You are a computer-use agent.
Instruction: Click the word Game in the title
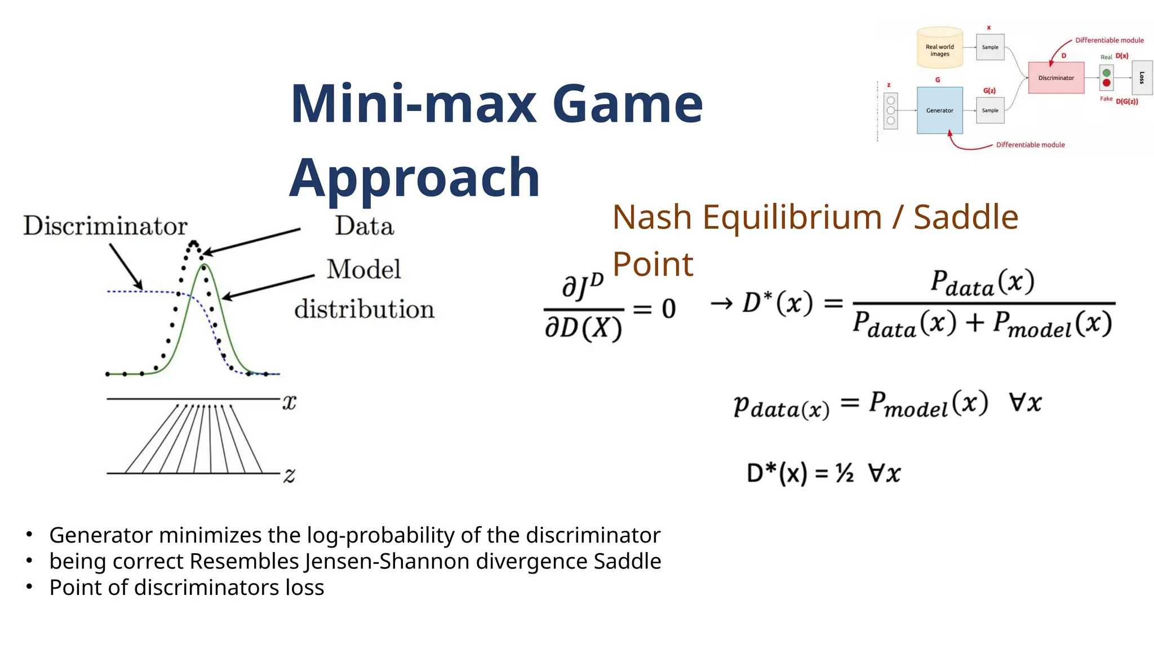click(x=628, y=104)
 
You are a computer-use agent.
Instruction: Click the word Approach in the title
click(x=415, y=178)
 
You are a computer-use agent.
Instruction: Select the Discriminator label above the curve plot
click(x=105, y=226)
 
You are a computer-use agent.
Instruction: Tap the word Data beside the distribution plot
click(x=364, y=226)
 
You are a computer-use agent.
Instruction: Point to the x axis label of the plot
click(x=289, y=402)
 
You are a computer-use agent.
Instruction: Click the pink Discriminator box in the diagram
click(x=1056, y=78)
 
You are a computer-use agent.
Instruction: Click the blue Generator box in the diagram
click(x=939, y=110)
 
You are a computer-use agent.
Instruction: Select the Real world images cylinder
click(x=939, y=48)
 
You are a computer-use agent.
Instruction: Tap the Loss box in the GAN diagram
click(x=1142, y=78)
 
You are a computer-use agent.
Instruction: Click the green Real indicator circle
click(x=1106, y=73)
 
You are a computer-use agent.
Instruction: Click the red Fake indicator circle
click(x=1106, y=83)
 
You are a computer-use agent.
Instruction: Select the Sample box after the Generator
click(x=990, y=110)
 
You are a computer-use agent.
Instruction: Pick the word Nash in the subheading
click(x=652, y=217)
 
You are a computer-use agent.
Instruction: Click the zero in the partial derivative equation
click(x=668, y=309)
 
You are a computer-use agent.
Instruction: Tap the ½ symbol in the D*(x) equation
click(x=845, y=473)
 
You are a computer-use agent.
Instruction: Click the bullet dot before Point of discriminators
click(x=29, y=586)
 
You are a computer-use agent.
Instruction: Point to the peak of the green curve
click(x=205, y=265)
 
